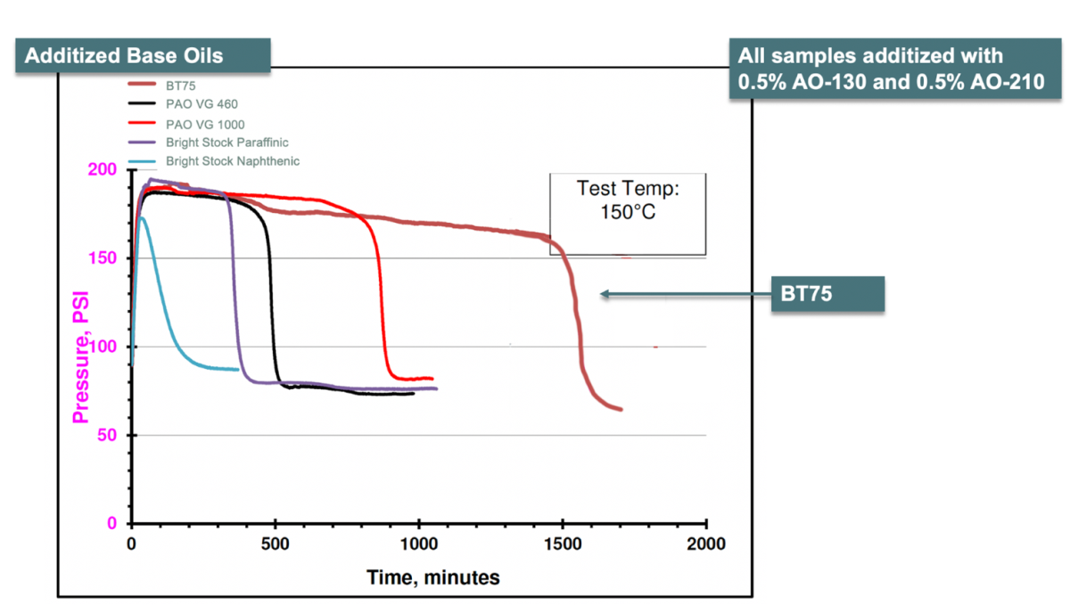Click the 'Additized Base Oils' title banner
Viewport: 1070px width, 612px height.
coord(124,55)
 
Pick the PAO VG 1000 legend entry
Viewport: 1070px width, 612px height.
coord(205,124)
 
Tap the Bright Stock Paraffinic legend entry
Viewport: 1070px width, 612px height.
coord(226,143)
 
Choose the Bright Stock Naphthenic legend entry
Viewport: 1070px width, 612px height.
coord(232,161)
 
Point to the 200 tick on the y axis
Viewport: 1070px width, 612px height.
coord(104,170)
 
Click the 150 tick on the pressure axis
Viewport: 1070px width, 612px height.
coord(104,258)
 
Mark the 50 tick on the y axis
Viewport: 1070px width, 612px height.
coord(109,436)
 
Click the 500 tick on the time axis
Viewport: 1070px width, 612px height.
coord(276,543)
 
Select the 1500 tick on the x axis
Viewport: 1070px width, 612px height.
coord(563,543)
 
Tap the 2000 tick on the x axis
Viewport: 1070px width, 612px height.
coord(706,543)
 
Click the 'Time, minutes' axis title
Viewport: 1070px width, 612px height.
coord(433,577)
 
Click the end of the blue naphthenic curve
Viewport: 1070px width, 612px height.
coord(237,369)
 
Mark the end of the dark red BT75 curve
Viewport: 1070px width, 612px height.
coord(621,409)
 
